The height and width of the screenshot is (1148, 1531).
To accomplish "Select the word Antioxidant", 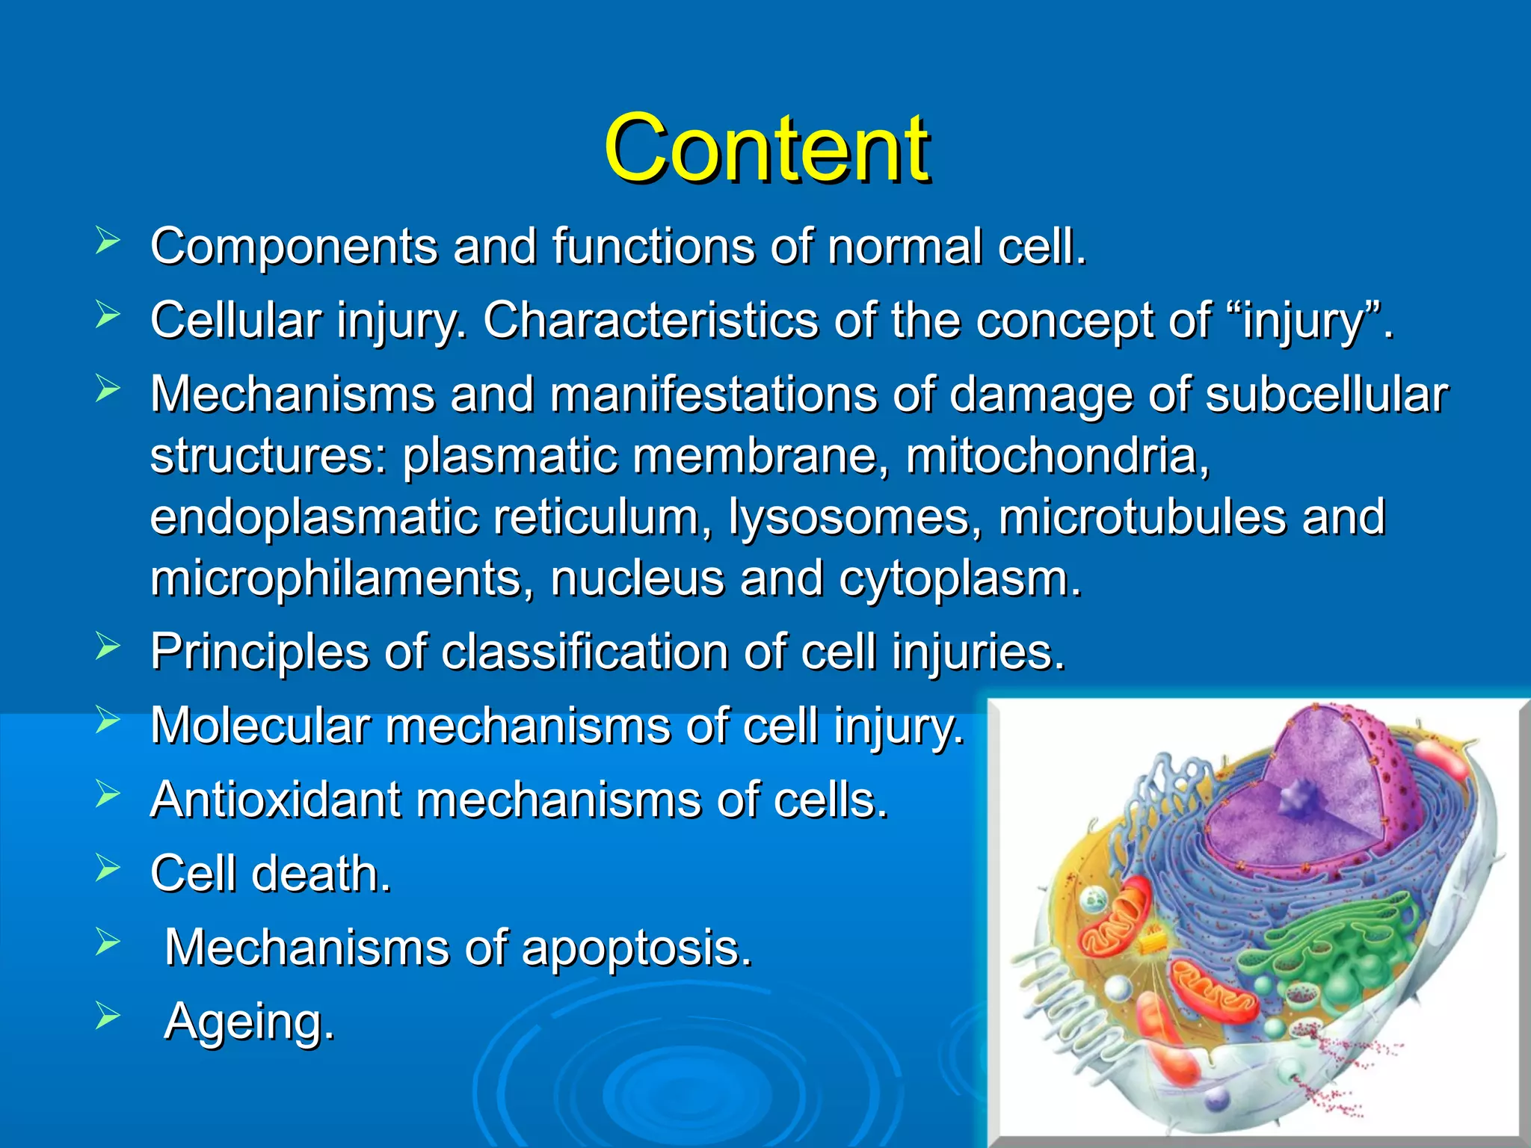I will click(x=274, y=800).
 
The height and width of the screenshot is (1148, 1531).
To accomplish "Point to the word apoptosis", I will click(x=635, y=948).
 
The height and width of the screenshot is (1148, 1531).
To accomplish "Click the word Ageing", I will click(x=249, y=1022).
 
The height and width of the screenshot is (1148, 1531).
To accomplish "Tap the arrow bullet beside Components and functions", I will click(x=108, y=241).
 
